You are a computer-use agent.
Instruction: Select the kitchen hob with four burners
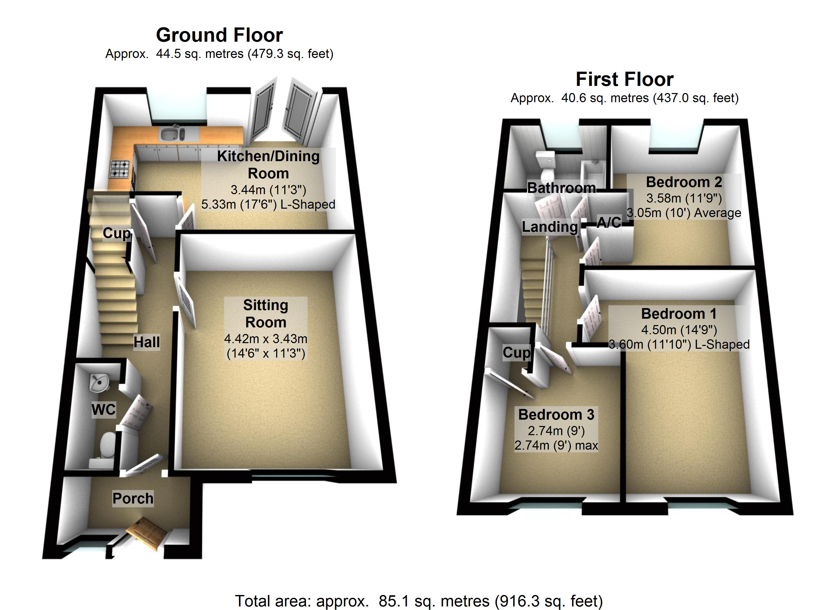click(x=120, y=169)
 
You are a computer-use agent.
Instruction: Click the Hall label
click(x=147, y=342)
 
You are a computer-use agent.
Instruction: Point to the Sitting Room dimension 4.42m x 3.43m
click(x=266, y=339)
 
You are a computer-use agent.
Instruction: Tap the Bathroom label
click(x=561, y=188)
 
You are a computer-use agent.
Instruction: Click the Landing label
click(x=550, y=227)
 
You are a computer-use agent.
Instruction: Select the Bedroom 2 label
click(x=684, y=182)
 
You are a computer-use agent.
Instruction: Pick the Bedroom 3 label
click(x=556, y=414)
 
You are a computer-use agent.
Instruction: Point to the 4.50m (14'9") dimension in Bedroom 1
click(x=679, y=330)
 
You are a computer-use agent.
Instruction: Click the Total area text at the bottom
click(x=419, y=601)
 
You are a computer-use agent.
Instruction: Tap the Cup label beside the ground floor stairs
click(x=116, y=233)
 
